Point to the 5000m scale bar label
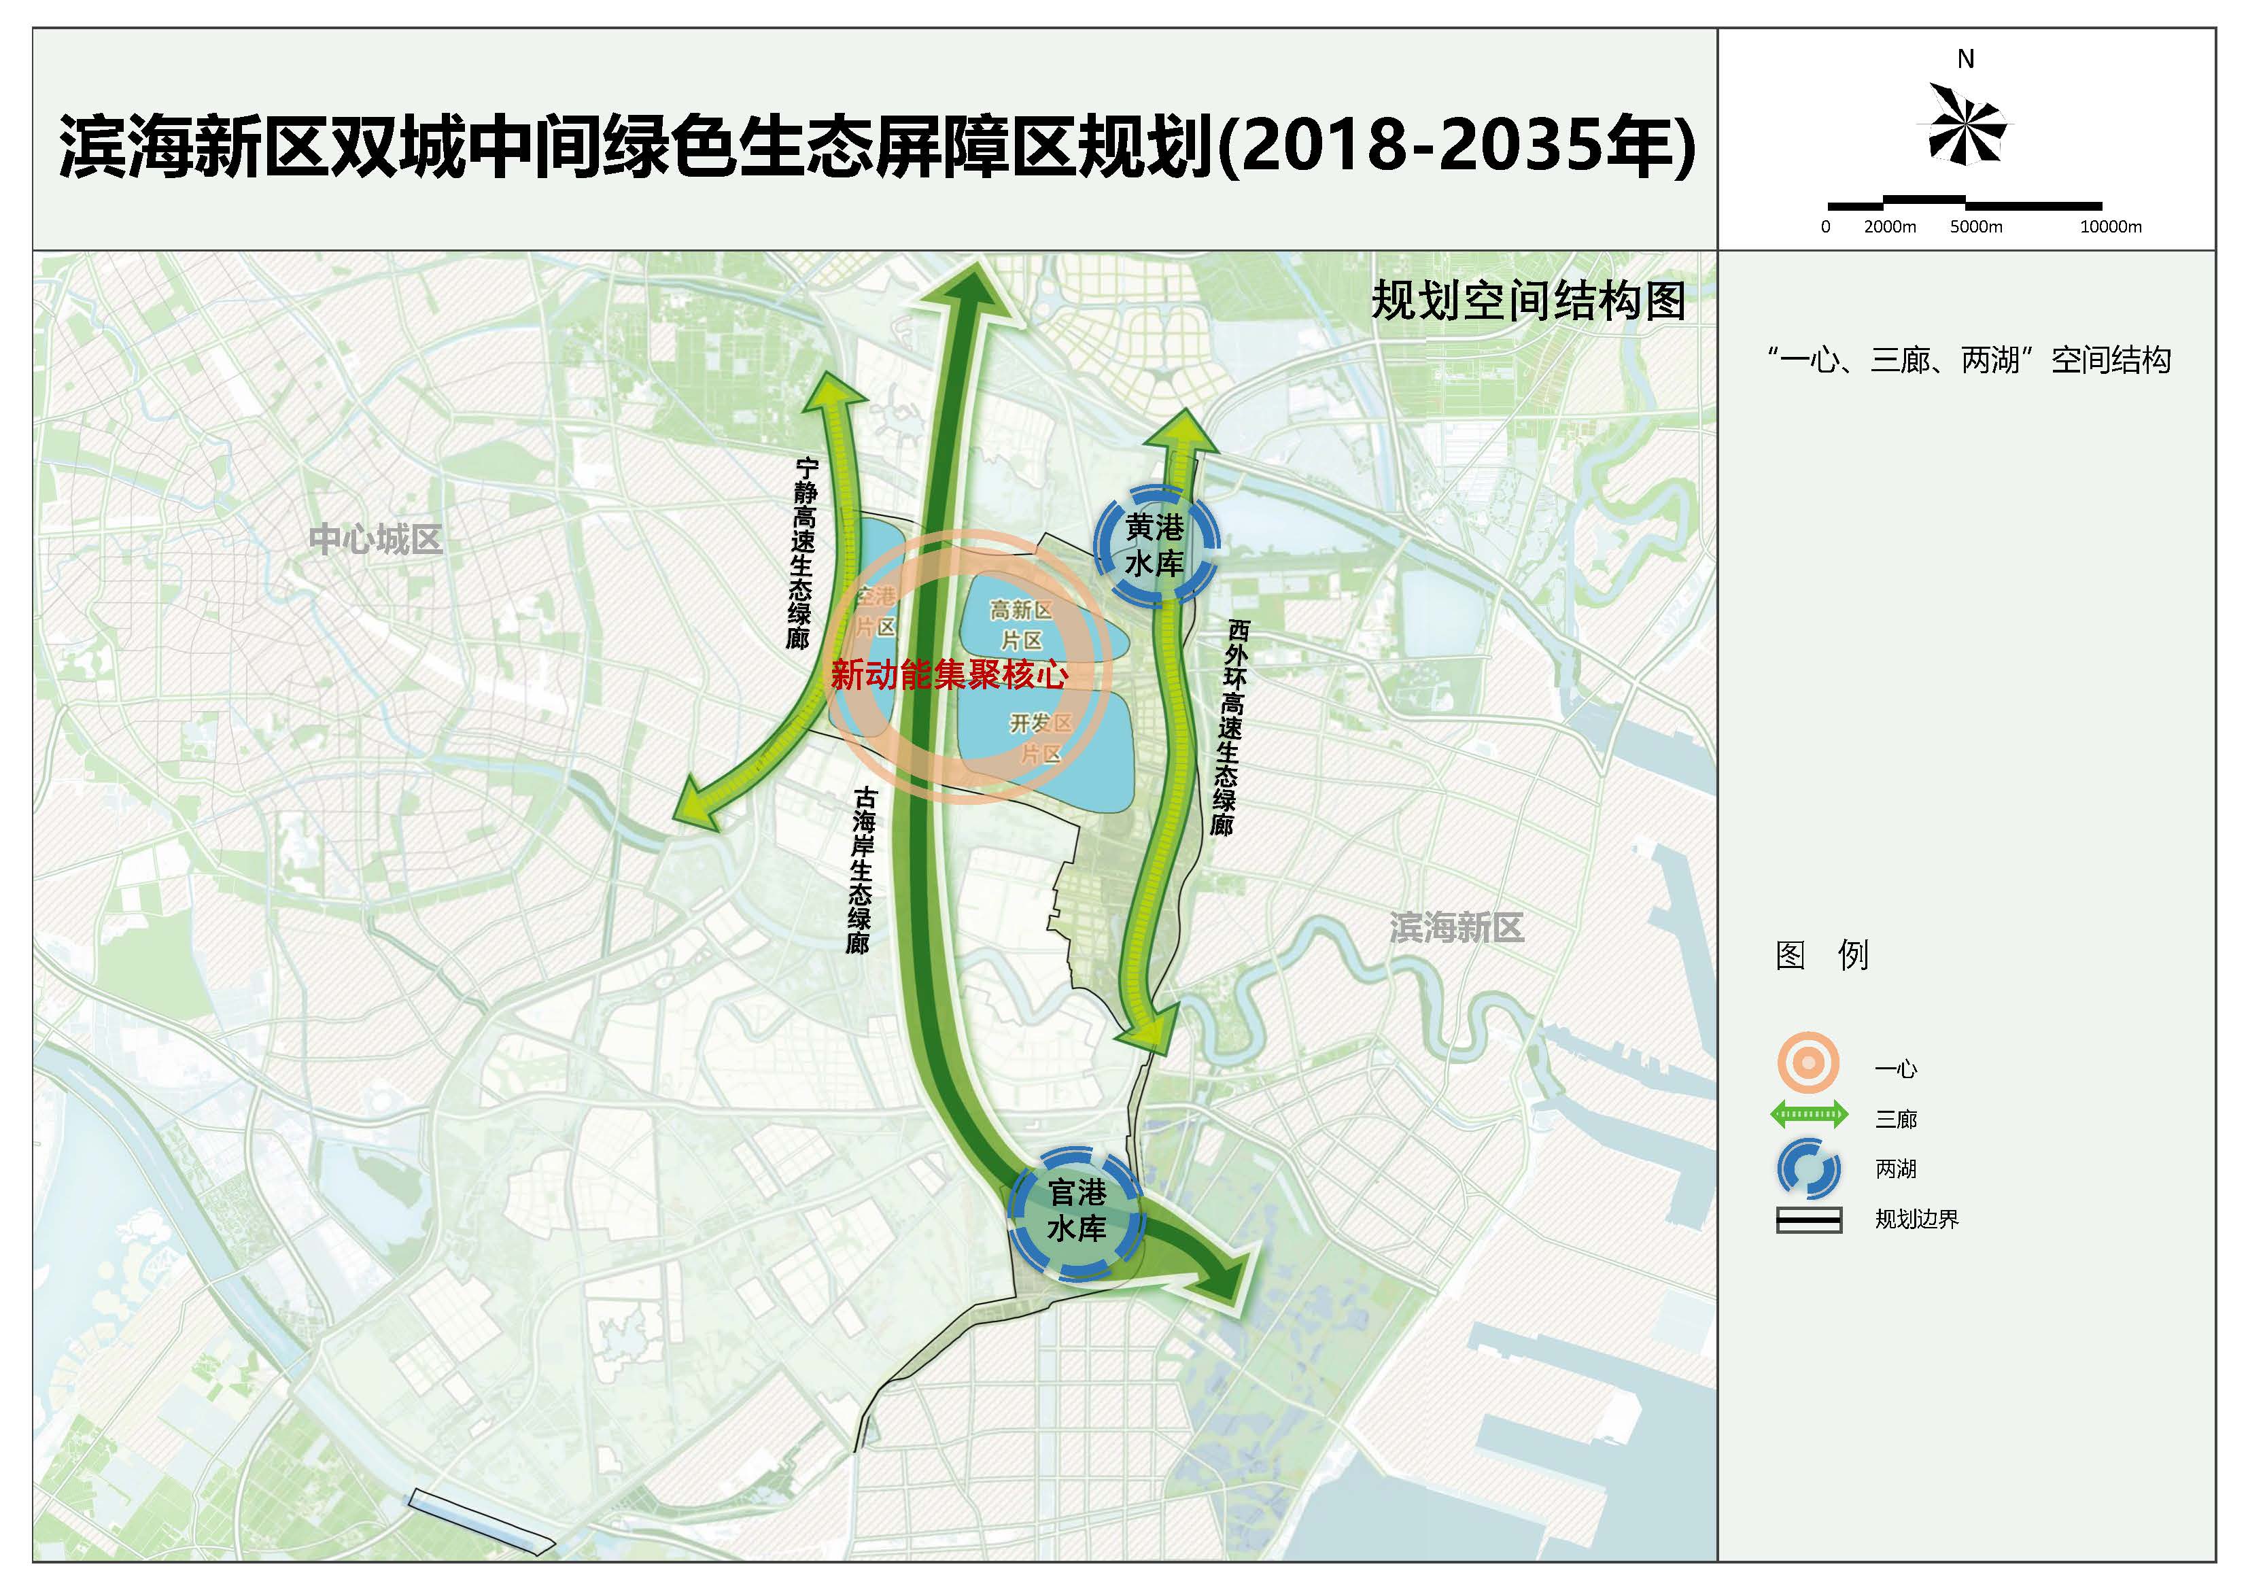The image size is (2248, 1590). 1976,227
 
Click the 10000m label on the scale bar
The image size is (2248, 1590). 2110,227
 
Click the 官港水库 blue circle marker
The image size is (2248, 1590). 1077,1211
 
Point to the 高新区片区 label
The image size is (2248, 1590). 1021,625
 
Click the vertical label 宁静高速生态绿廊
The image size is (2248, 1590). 803,553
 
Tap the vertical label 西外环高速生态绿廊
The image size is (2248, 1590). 1230,727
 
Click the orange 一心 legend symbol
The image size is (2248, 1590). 1808,1063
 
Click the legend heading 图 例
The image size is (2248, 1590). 1822,954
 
